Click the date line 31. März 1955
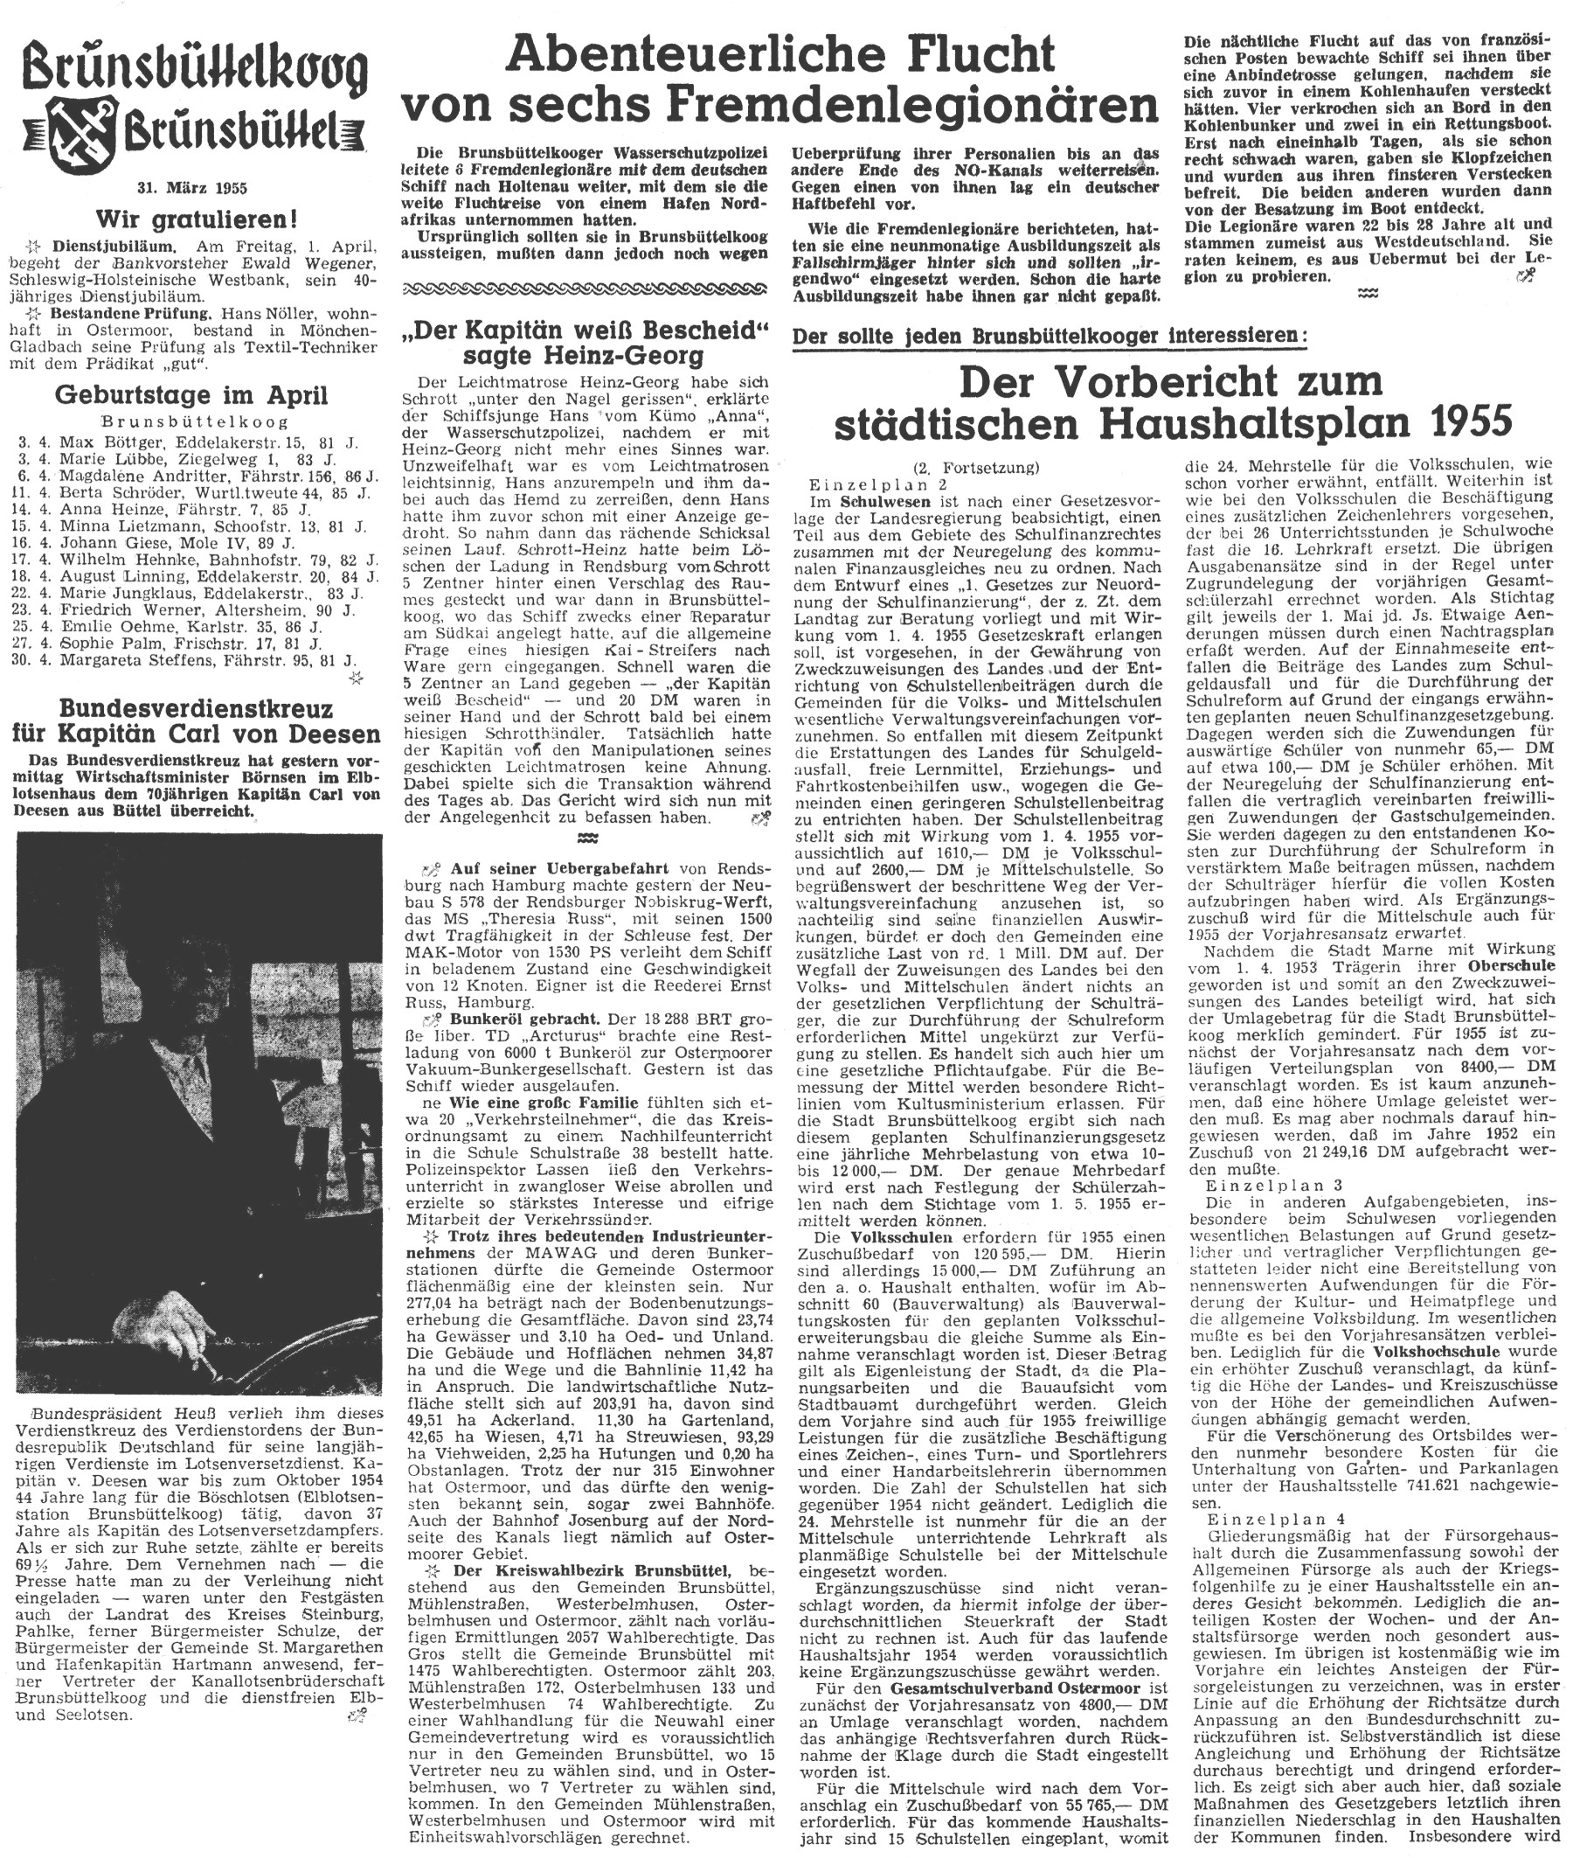(191, 188)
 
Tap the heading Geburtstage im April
(191, 394)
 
